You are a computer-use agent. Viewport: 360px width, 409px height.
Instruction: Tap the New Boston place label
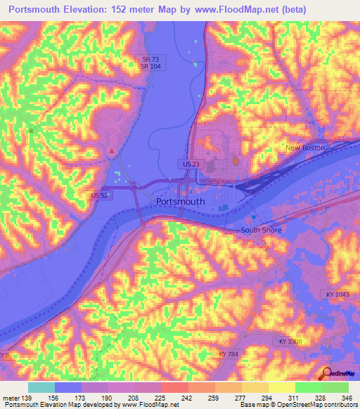point(304,148)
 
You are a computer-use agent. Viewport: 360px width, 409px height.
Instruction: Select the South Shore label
point(260,230)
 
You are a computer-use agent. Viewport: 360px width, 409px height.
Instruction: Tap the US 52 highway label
point(100,195)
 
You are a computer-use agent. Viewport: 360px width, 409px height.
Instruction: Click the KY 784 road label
point(229,354)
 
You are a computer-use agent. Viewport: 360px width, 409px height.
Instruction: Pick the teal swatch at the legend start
point(41,387)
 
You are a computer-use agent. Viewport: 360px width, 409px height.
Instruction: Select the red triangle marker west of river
point(111,150)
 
